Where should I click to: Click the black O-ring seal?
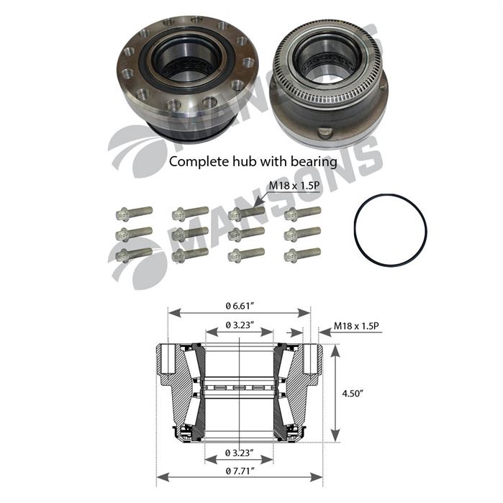coord(355,230)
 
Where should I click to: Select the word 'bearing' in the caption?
coord(314,162)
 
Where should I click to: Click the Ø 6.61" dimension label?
coord(240,306)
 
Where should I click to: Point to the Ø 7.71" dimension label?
coord(240,471)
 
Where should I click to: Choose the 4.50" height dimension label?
coord(352,394)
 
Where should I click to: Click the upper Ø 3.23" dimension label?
coord(240,325)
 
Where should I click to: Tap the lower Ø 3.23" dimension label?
coord(240,453)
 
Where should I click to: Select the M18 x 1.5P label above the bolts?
coord(294,186)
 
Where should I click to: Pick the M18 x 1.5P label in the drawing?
coord(356,326)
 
